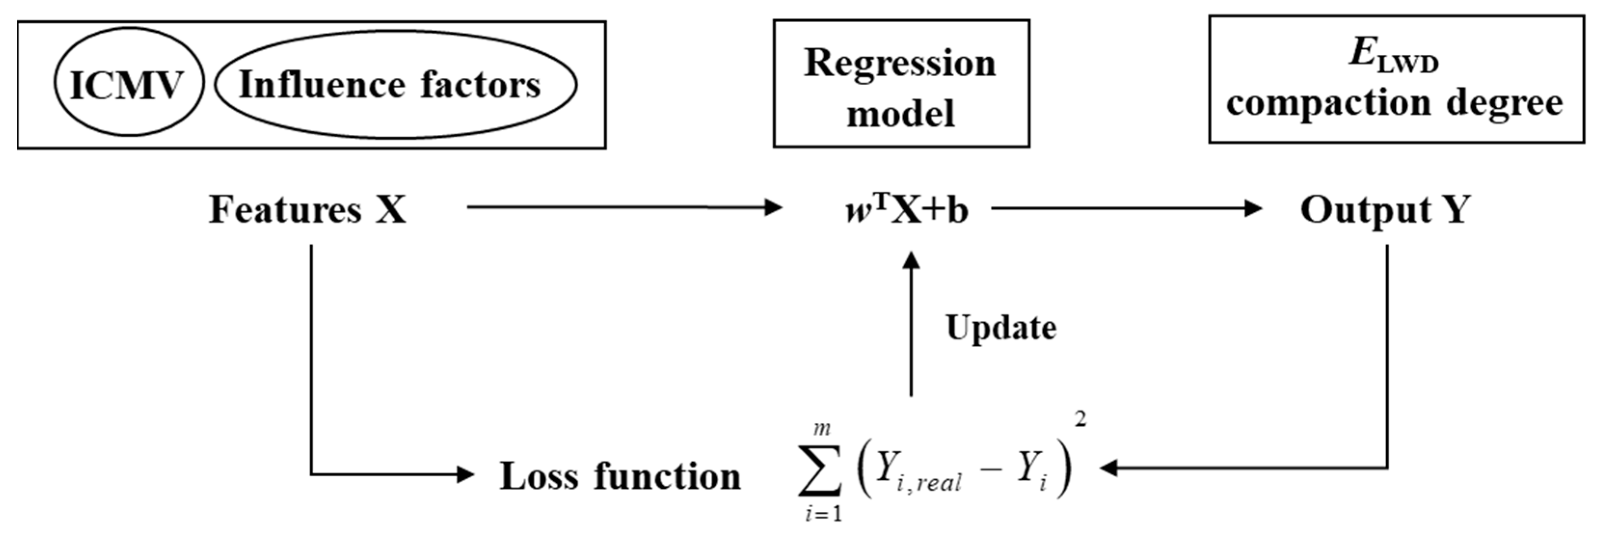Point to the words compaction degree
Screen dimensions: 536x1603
coord(1394,103)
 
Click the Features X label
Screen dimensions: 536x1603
coord(307,209)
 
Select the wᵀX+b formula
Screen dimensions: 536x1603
coord(907,210)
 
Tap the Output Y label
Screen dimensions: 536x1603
coord(1385,209)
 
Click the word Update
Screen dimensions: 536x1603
coord(1001,327)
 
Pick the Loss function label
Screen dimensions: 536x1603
coord(620,476)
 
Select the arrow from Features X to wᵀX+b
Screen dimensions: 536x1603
coord(622,208)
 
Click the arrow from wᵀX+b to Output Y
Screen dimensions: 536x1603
coord(1126,209)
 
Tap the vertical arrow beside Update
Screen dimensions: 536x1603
coord(911,323)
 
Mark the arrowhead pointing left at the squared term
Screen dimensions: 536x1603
coord(1109,468)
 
